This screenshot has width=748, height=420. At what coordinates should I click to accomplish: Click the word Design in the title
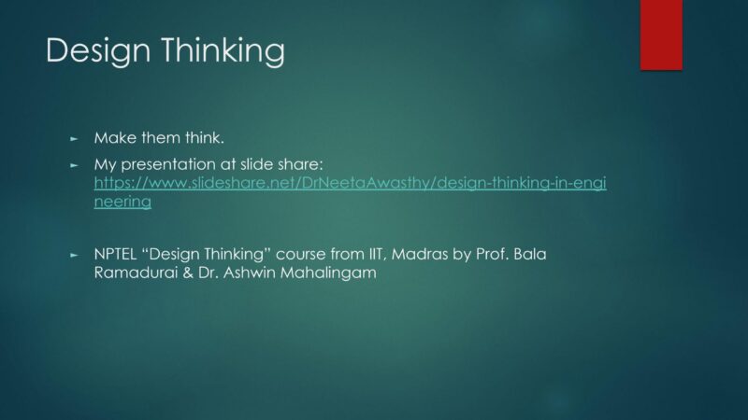98,50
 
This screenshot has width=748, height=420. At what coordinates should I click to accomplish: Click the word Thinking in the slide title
223,50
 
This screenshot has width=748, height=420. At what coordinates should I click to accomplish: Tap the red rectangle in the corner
661,35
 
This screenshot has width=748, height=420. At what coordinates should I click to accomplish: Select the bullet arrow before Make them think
74,139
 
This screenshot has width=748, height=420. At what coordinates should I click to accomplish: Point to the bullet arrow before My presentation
74,166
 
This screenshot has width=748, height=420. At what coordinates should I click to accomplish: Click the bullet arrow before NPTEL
74,255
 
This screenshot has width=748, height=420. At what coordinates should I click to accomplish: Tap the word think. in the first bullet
205,138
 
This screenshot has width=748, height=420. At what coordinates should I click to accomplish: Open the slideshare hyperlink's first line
350,183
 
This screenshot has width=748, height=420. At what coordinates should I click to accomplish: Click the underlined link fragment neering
122,202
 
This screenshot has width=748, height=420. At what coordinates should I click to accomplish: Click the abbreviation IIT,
377,254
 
